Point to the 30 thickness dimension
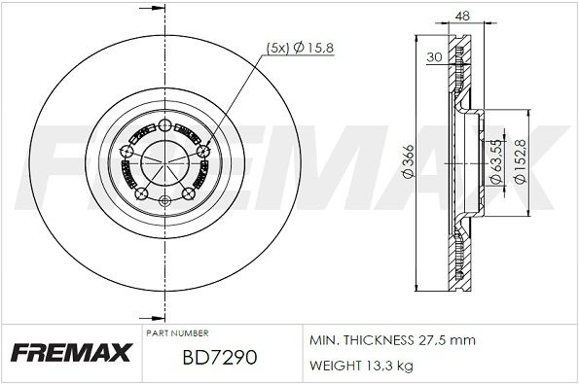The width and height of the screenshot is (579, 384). pos(434,57)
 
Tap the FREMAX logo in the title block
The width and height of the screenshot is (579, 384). pos(69,352)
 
